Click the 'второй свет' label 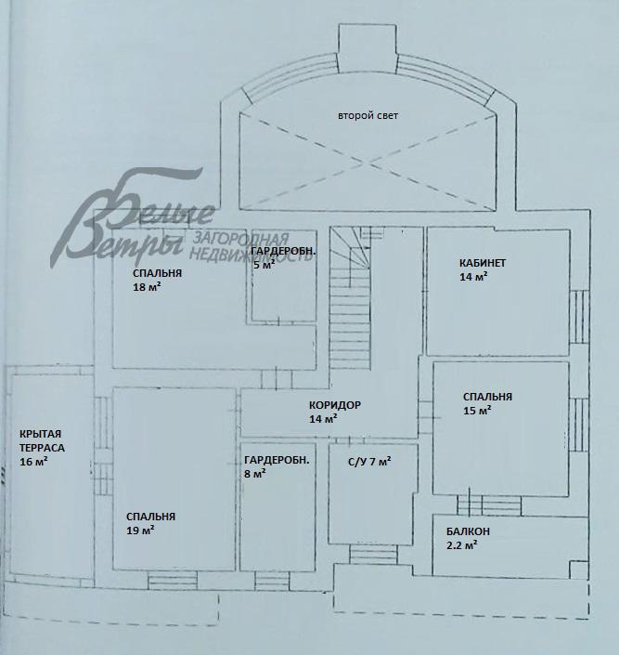click(x=368, y=116)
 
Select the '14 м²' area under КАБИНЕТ click(x=473, y=277)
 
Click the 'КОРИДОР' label click(x=335, y=405)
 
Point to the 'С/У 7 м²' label click(x=369, y=461)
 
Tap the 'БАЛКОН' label click(x=468, y=531)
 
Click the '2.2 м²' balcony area click(x=462, y=546)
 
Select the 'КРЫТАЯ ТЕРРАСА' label click(x=44, y=440)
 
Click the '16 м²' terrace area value click(x=33, y=462)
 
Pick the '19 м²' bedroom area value click(x=140, y=531)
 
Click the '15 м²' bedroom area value click(x=476, y=411)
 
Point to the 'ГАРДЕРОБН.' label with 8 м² click(x=277, y=460)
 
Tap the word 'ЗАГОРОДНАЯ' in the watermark click(x=239, y=238)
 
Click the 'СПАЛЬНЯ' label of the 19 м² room click(x=150, y=517)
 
